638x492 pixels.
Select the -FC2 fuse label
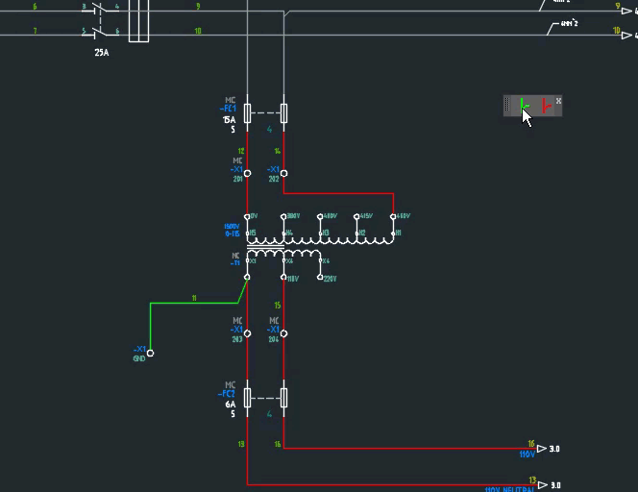pyautogui.click(x=228, y=394)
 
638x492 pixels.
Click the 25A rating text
pyautogui.click(x=102, y=53)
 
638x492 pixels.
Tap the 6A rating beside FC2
pyautogui.click(x=230, y=405)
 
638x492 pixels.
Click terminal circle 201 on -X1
pyautogui.click(x=247, y=174)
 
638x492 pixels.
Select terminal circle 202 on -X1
pyautogui.click(x=283, y=174)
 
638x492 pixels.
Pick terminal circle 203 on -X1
pyautogui.click(x=247, y=334)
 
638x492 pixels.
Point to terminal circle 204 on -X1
pyautogui.click(x=283, y=334)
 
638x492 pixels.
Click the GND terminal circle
pyautogui.click(x=150, y=353)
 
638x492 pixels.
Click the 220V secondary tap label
pyautogui.click(x=330, y=279)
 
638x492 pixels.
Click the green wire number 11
pyautogui.click(x=194, y=299)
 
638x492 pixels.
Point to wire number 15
pyautogui.click(x=277, y=306)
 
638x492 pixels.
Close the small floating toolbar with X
pyautogui.click(x=558, y=101)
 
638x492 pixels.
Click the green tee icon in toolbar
pyautogui.click(x=523, y=106)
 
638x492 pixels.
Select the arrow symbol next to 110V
pyautogui.click(x=542, y=449)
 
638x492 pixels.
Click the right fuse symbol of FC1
pyautogui.click(x=283, y=112)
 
